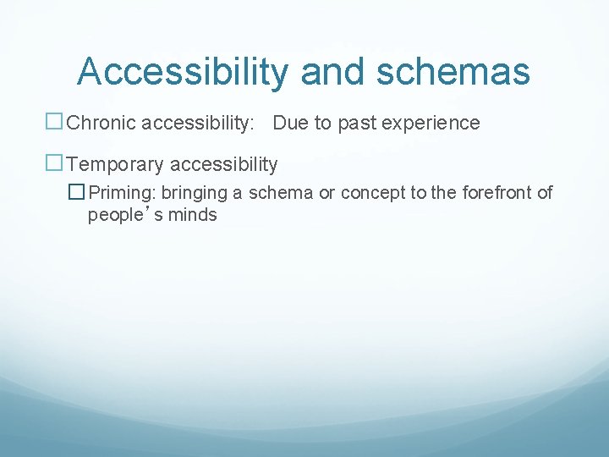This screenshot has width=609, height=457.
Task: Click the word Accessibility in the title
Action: coord(182,72)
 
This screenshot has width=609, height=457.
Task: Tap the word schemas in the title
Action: coord(453,72)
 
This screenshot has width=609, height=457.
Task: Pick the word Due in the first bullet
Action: coord(291,124)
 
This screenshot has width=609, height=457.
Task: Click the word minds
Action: coord(192,215)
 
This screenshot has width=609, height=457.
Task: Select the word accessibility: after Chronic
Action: coord(196,124)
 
